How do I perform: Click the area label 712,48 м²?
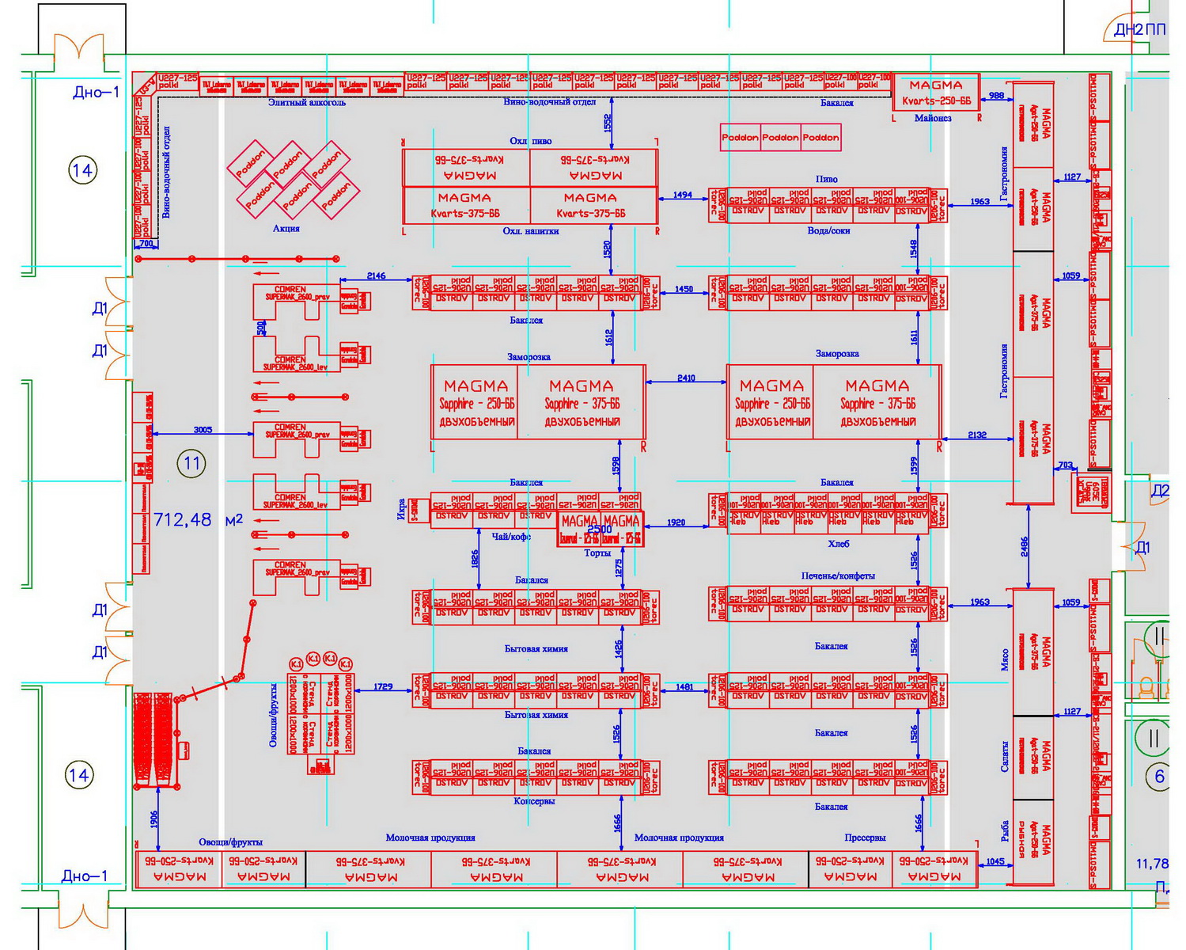click(198, 520)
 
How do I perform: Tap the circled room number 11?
click(192, 463)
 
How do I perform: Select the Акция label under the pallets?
click(286, 228)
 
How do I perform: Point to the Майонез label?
click(933, 118)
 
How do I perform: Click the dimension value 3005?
click(203, 430)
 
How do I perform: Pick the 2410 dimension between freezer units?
click(686, 378)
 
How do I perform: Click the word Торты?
click(597, 553)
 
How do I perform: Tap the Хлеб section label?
click(838, 544)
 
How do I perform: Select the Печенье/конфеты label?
click(838, 576)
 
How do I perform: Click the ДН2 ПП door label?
click(1139, 30)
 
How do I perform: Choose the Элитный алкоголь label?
click(307, 102)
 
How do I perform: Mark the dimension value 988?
click(996, 96)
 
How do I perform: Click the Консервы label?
click(534, 801)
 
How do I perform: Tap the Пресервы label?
click(865, 837)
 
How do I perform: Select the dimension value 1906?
click(154, 819)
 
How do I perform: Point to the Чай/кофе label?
click(511, 537)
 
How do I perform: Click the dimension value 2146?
click(376, 275)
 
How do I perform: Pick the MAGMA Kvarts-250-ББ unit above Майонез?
click(936, 92)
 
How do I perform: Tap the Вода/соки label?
click(828, 230)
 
